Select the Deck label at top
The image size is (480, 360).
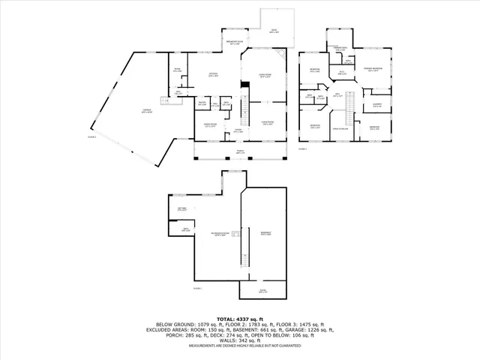click(x=274, y=31)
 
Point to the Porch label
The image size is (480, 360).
click(x=241, y=151)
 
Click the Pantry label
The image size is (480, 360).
click(x=202, y=103)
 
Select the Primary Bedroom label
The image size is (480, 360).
click(x=372, y=67)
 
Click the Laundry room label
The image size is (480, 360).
click(x=376, y=104)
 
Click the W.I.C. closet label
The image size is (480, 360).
click(x=341, y=72)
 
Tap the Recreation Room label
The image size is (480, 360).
click(x=218, y=234)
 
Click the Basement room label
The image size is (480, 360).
click(x=265, y=233)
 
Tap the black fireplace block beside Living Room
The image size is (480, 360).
click(x=243, y=84)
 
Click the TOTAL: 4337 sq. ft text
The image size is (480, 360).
click(x=239, y=318)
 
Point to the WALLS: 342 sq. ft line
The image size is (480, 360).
click(x=239, y=341)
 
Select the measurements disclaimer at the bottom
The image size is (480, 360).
click(x=239, y=346)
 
